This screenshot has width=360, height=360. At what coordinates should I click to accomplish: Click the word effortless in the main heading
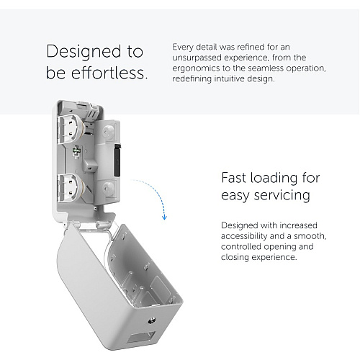(x=109, y=73)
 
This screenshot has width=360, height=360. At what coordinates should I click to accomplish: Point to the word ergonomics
(x=196, y=68)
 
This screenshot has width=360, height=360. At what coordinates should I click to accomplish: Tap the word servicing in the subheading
(x=282, y=196)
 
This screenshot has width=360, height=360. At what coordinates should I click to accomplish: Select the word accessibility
(x=244, y=236)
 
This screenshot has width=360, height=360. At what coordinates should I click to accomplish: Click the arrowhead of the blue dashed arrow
(x=164, y=217)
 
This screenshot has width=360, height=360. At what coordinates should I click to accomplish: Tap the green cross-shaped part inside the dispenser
(x=77, y=151)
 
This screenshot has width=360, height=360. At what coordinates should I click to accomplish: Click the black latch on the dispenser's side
(x=117, y=160)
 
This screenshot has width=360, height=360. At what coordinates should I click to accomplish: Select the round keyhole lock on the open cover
(x=152, y=320)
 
